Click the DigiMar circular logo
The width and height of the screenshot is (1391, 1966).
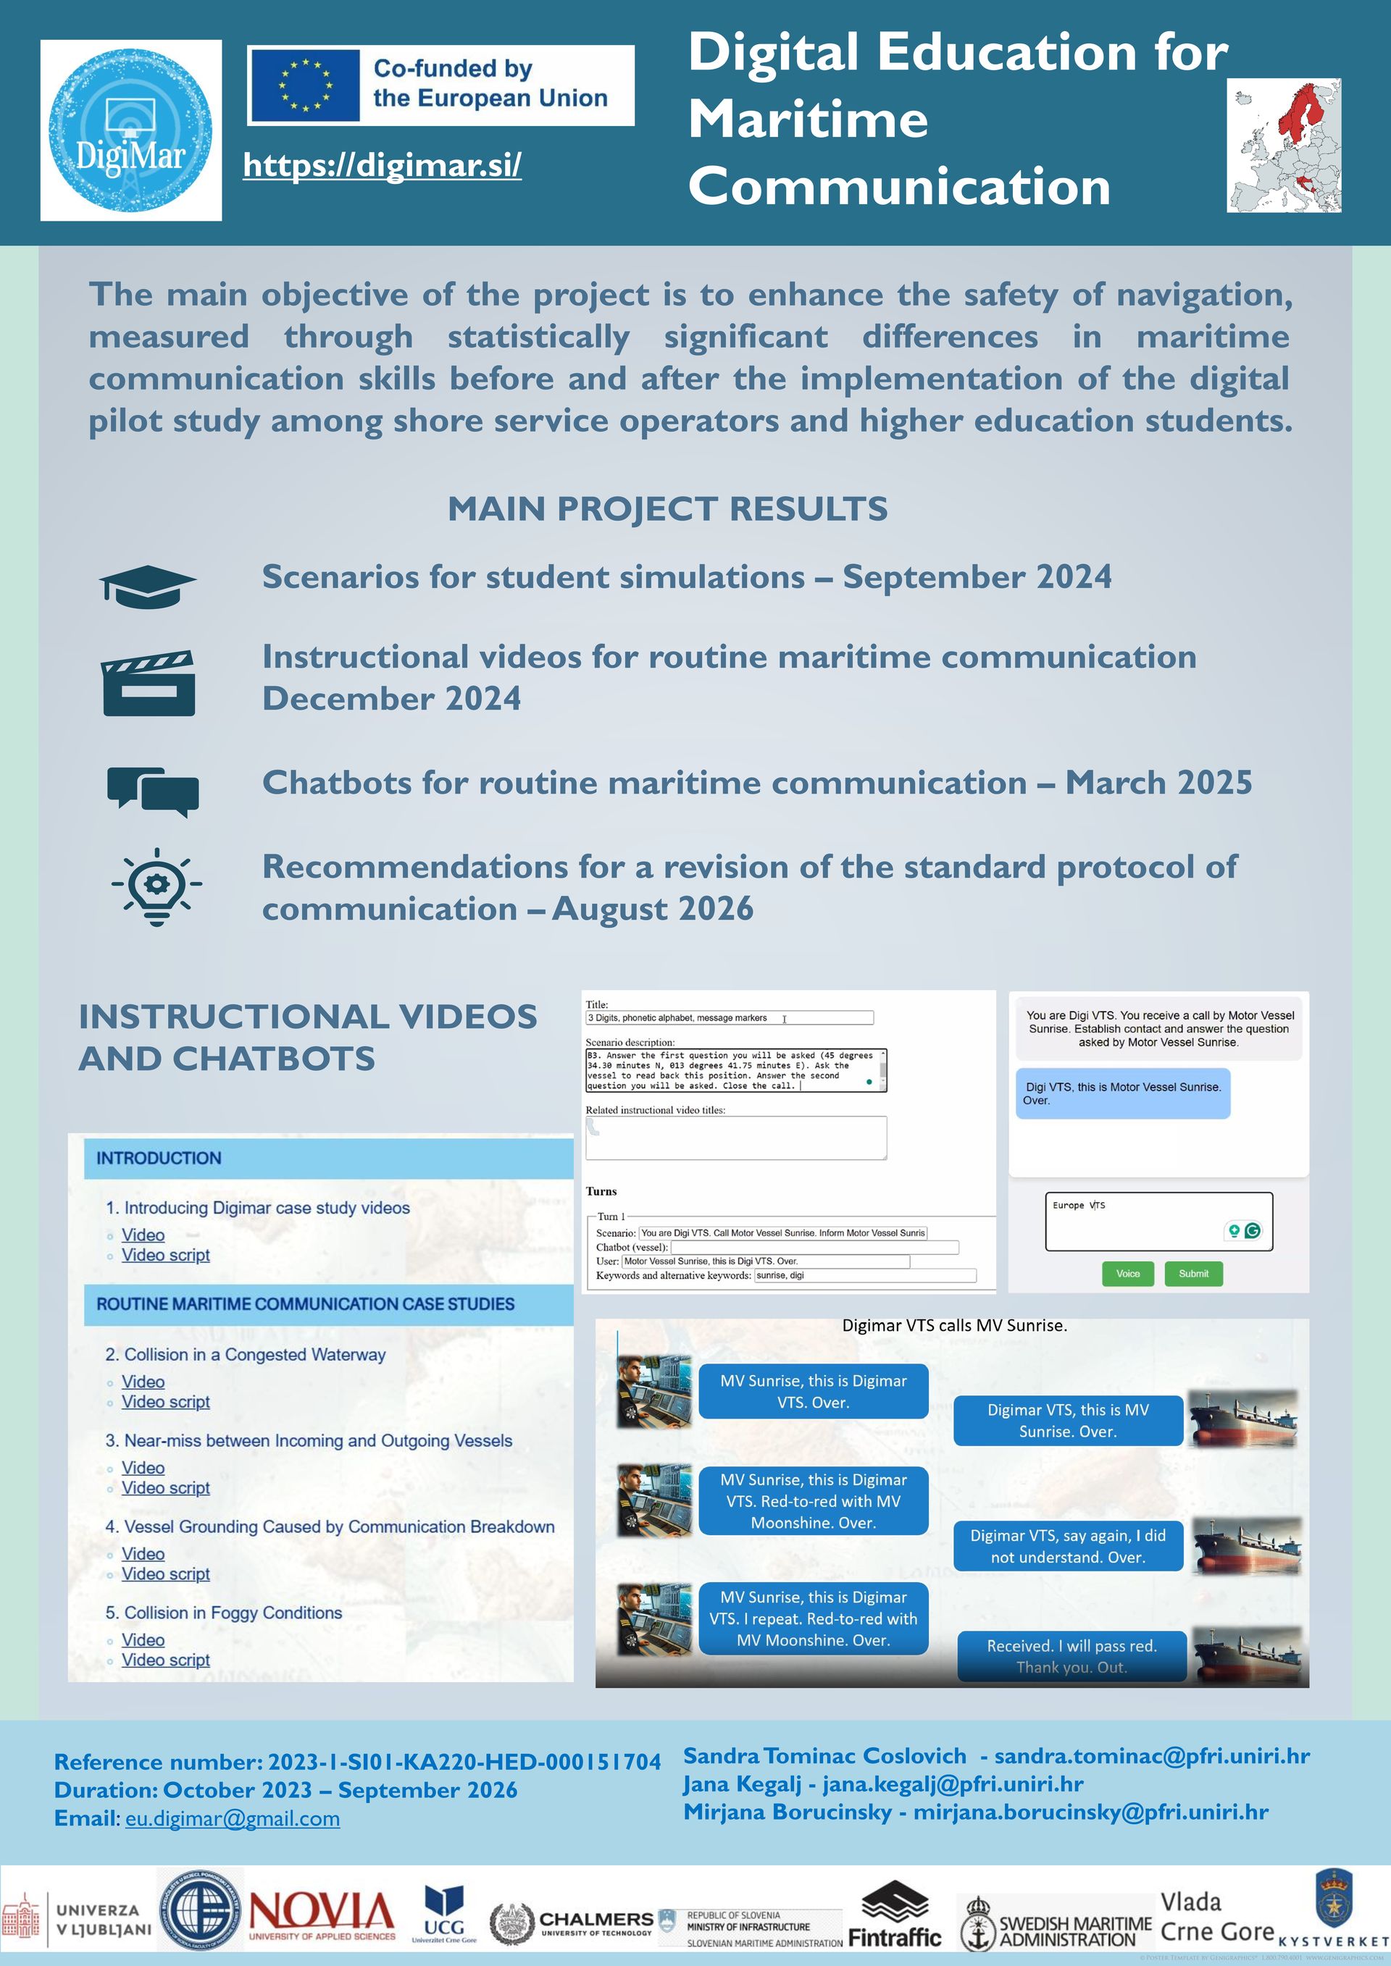[x=130, y=130]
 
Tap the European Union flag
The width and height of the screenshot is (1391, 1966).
[x=304, y=85]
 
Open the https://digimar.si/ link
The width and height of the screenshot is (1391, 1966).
[x=382, y=165]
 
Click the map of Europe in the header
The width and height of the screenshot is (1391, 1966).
[x=1283, y=146]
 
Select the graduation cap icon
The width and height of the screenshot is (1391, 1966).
[x=147, y=587]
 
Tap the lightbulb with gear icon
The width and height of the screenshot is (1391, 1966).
[x=156, y=886]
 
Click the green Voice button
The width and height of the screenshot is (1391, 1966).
[x=1127, y=1273]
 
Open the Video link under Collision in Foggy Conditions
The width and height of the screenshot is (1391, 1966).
[x=143, y=1639]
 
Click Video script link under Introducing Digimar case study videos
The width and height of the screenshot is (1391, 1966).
[x=165, y=1256]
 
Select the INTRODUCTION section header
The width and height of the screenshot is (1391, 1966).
[x=328, y=1159]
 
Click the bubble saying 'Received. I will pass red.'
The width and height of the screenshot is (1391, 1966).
[x=1072, y=1656]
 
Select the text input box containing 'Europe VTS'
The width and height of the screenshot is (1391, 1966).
[x=1158, y=1221]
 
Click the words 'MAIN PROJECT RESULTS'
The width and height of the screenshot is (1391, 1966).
[x=667, y=508]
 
